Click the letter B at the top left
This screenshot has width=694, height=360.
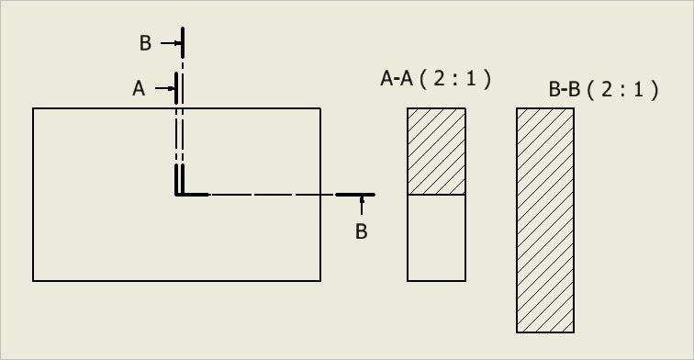pos(145,43)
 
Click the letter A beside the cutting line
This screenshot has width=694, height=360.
pos(139,88)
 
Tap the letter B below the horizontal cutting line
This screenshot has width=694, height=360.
pos(361,231)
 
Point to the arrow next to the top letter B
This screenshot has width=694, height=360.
pos(171,43)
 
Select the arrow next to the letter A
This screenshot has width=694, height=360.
pos(165,88)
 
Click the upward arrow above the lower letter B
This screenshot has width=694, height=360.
pos(362,205)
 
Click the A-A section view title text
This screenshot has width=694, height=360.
pos(435,79)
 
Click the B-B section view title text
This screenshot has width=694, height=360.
pos(603,89)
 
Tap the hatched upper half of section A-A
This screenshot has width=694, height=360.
pos(436,151)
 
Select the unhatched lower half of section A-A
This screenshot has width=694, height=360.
pos(436,237)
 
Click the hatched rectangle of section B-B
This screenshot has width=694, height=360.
pos(545,220)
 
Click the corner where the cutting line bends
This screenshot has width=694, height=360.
pos(176,194)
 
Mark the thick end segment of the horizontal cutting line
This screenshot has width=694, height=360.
pos(355,195)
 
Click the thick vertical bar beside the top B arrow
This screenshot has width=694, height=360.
pos(183,42)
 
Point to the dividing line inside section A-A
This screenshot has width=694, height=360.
pos(436,195)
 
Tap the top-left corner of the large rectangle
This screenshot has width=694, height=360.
pos(33,108)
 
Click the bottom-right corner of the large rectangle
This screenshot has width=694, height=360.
pos(320,280)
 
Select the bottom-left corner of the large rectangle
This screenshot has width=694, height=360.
pos(33,280)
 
